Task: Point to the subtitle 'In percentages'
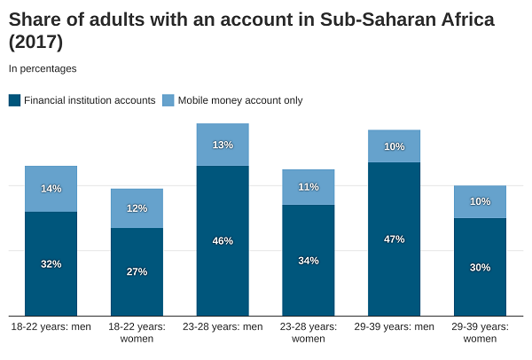click(x=43, y=68)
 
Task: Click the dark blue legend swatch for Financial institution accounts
click(x=14, y=100)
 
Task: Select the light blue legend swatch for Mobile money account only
click(x=168, y=100)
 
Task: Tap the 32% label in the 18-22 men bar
click(x=51, y=263)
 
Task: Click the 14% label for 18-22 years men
click(x=51, y=189)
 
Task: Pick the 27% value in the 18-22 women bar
click(x=137, y=271)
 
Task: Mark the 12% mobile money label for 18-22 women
click(x=137, y=208)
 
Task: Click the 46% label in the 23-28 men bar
click(x=223, y=240)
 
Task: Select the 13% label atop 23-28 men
click(x=223, y=145)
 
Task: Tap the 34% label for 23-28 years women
click(x=309, y=260)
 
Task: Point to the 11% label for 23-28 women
click(x=309, y=187)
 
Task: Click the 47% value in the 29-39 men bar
click(x=395, y=239)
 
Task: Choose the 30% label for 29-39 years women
click(x=481, y=267)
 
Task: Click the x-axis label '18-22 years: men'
click(x=51, y=327)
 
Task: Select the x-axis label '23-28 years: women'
click(x=309, y=333)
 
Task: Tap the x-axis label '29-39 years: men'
click(x=395, y=327)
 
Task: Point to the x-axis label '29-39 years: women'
click(x=481, y=333)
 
